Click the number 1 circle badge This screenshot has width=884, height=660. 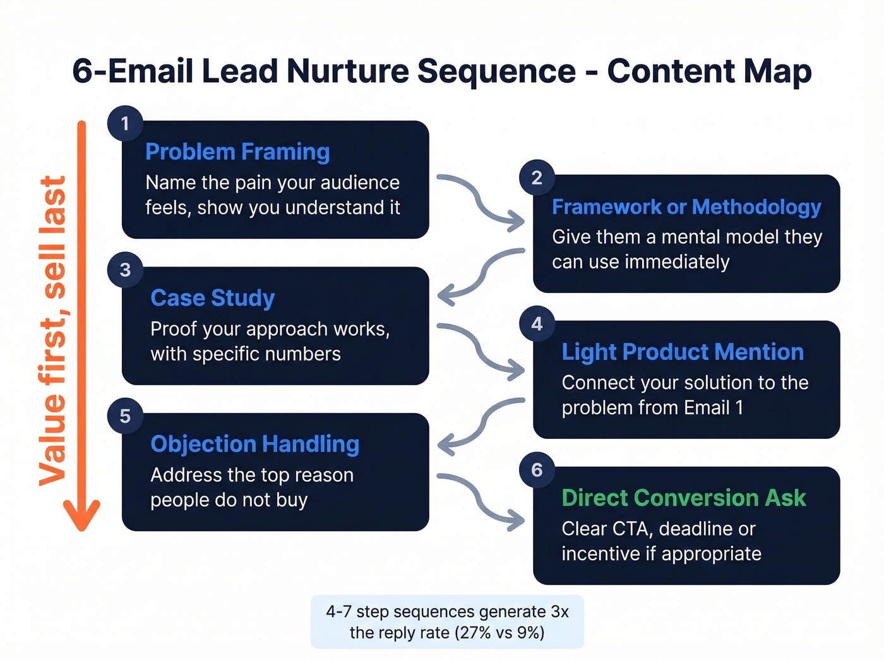click(125, 123)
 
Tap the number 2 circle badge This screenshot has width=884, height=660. click(537, 177)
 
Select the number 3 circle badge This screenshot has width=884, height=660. click(125, 270)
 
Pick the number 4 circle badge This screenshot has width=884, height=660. click(537, 324)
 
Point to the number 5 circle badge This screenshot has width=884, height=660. click(125, 416)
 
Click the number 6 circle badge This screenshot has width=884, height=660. click(537, 470)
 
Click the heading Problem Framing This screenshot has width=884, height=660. click(237, 152)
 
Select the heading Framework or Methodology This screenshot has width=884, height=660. click(686, 207)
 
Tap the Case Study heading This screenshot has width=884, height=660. click(213, 298)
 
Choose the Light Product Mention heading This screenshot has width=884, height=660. click(683, 352)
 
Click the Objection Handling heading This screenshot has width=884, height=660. click(255, 444)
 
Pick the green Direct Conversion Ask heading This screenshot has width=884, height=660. click(684, 498)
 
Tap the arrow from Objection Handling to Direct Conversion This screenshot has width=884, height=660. click(481, 499)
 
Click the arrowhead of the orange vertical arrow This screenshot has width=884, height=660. click(81, 515)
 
